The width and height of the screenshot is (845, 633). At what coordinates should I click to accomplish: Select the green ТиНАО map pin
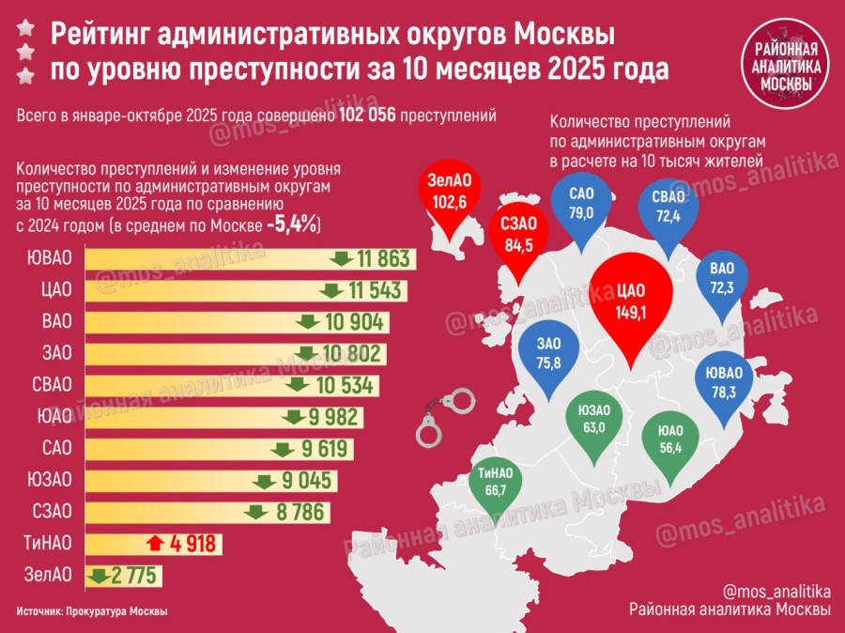(x=496, y=483)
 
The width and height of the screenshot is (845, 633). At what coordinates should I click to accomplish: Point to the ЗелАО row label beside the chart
(x=42, y=575)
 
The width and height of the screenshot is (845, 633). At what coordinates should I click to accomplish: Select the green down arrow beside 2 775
(x=97, y=575)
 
